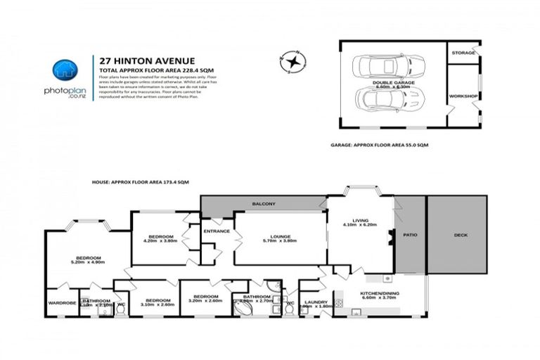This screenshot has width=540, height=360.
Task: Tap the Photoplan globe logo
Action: pyautogui.click(x=64, y=70)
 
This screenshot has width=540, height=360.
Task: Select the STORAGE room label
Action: pyautogui.click(x=464, y=53)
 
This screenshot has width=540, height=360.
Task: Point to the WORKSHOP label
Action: pyautogui.click(x=463, y=96)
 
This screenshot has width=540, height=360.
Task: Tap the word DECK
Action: pyautogui.click(x=460, y=235)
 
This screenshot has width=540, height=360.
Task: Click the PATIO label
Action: pyautogui.click(x=410, y=236)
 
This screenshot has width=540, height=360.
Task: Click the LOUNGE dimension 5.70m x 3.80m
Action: pyautogui.click(x=280, y=241)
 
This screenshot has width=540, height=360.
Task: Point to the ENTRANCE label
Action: pyautogui.click(x=217, y=231)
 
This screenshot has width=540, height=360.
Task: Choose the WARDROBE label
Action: pyautogui.click(x=61, y=303)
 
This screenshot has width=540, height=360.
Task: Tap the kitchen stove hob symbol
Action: pyautogui.click(x=337, y=303)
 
